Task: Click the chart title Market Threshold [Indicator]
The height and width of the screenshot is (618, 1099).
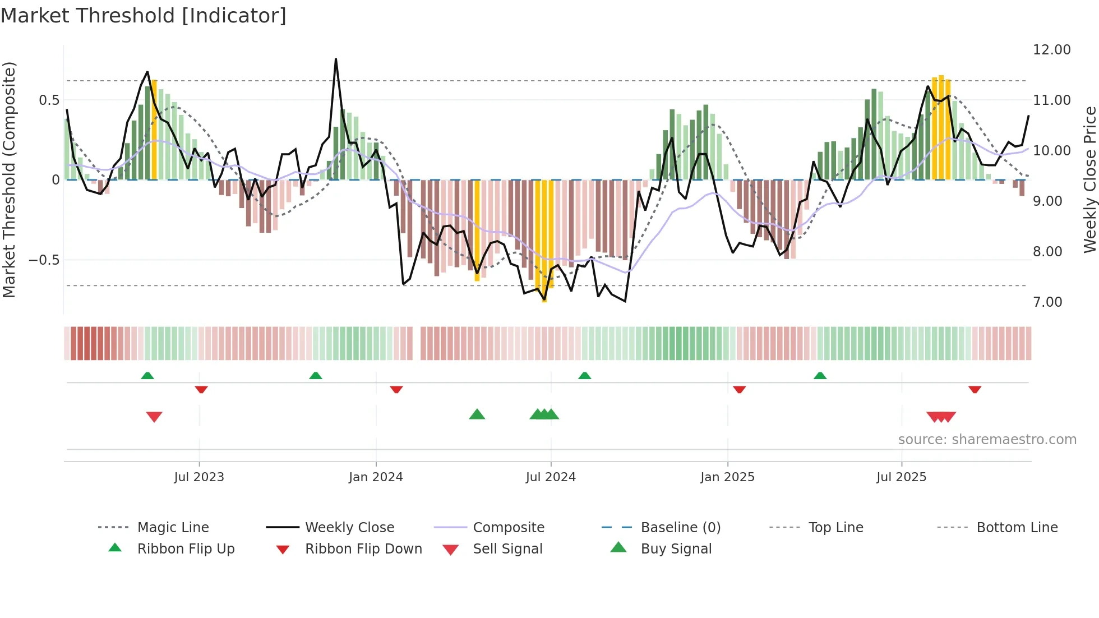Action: (x=144, y=16)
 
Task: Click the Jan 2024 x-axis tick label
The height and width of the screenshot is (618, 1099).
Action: (x=376, y=477)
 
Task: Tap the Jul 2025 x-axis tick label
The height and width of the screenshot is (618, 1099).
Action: (x=901, y=477)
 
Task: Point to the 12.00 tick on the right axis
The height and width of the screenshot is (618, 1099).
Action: (x=1051, y=50)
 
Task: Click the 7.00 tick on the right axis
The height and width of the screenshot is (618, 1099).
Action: (x=1047, y=302)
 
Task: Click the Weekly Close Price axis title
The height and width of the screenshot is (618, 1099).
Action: (x=1089, y=179)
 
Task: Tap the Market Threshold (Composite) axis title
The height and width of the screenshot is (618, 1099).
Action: (x=9, y=179)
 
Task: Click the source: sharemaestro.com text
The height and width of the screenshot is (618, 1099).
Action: (x=987, y=440)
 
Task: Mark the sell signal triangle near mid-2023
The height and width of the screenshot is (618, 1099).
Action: (x=154, y=417)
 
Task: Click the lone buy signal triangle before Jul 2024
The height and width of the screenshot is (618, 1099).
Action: (x=477, y=414)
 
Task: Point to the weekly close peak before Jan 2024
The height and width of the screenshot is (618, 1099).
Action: (x=336, y=59)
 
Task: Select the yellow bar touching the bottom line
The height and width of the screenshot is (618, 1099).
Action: (x=544, y=241)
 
